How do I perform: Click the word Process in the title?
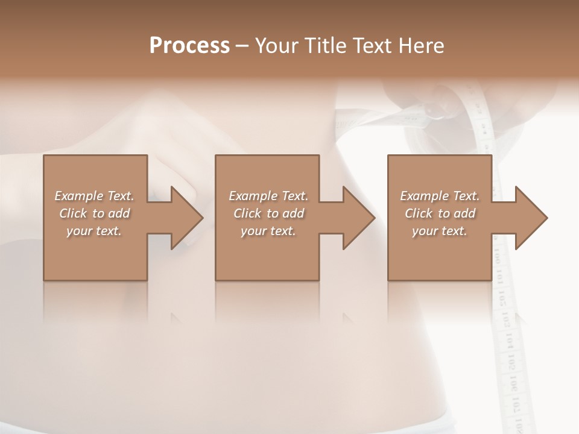[x=189, y=45]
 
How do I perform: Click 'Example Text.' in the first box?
[x=94, y=196]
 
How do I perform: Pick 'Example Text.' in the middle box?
[x=268, y=196]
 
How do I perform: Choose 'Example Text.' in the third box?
[x=440, y=196]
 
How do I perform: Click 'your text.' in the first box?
[x=94, y=231]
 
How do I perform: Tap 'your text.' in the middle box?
[x=268, y=231]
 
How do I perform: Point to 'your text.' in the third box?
[x=440, y=231]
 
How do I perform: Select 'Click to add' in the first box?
[x=94, y=213]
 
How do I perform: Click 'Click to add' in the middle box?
[x=268, y=213]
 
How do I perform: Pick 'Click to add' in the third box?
[x=440, y=213]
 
